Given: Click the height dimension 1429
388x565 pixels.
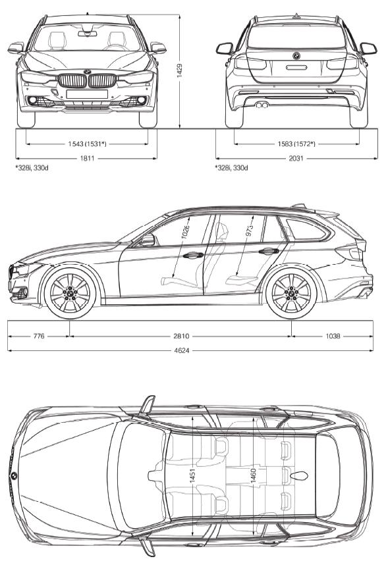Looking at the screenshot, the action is pyautogui.click(x=180, y=70).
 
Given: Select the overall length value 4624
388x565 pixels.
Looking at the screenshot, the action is pyautogui.click(x=181, y=350).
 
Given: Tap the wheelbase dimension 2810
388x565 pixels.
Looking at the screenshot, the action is pyautogui.click(x=181, y=336).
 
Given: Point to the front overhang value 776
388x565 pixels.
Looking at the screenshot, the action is pyautogui.click(x=39, y=336).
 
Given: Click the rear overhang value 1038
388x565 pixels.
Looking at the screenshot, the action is pyautogui.click(x=333, y=336).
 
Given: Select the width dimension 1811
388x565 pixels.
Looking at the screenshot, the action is pyautogui.click(x=87, y=158).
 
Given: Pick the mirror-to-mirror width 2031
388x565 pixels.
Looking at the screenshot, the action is pyautogui.click(x=296, y=158).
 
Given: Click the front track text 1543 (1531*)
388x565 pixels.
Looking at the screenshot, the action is pyautogui.click(x=87, y=144).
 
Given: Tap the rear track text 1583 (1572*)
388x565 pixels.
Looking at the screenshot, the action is pyautogui.click(x=296, y=144).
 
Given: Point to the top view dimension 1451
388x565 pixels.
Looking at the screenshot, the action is pyautogui.click(x=192, y=475).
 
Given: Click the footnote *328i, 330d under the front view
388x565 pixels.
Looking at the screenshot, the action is pyautogui.click(x=32, y=168).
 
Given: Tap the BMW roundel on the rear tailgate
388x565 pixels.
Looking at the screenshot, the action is pyautogui.click(x=296, y=56).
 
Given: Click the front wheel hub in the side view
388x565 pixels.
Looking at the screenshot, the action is pyautogui.click(x=70, y=292).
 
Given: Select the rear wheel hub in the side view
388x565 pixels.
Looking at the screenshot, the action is pyautogui.click(x=291, y=292).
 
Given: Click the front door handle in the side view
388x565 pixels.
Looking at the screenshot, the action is pyautogui.click(x=193, y=255).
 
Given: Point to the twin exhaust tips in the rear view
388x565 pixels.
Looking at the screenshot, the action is pyautogui.click(x=262, y=105).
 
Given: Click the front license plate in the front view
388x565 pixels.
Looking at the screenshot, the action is pyautogui.click(x=87, y=94).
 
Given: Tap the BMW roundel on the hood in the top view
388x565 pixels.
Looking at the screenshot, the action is pyautogui.click(x=14, y=475).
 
